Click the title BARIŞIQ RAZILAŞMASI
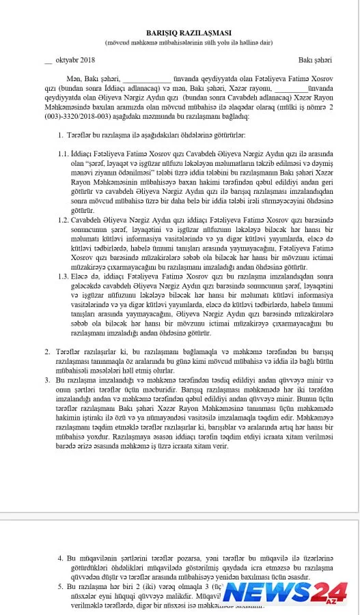tap(180, 33)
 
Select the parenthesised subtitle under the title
tap(180, 42)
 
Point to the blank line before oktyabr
tap(48, 62)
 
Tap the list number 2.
tap(59, 350)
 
